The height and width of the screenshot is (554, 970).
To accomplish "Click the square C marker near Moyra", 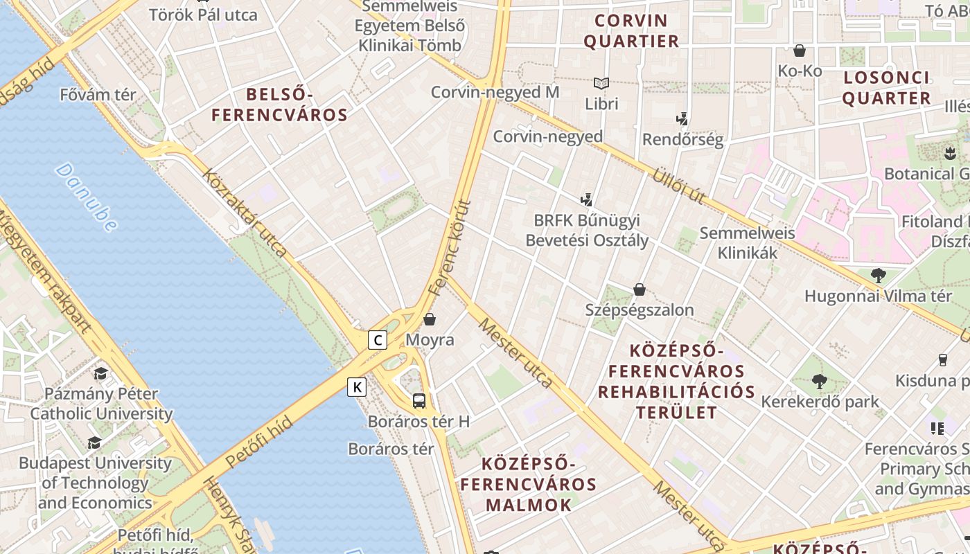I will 378,340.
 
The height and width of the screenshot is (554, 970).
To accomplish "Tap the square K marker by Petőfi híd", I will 357,386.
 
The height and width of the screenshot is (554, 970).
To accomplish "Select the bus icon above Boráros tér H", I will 419,400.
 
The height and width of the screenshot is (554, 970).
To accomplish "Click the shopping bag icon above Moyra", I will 430,319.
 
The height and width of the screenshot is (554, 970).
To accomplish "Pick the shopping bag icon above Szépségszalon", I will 640,289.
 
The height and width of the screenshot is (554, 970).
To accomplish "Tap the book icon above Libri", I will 601,84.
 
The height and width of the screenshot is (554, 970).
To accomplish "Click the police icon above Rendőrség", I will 682,119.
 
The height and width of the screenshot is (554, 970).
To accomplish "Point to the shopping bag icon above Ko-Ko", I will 800,51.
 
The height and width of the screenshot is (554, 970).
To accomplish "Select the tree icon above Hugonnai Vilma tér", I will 878,275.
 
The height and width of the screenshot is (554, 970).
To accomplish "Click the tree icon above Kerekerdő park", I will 820,381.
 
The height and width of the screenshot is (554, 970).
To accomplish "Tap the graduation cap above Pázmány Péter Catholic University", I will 101,373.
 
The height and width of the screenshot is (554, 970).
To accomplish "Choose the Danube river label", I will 86,197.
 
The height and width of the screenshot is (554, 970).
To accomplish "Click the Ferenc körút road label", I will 450,248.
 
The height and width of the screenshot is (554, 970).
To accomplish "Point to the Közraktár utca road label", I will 244,212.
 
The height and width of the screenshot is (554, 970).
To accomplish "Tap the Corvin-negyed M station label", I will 495,92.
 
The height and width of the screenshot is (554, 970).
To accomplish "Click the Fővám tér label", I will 98,95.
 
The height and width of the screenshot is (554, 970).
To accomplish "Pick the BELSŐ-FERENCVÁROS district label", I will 279,105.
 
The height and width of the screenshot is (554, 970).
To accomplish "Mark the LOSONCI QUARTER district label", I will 886,88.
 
